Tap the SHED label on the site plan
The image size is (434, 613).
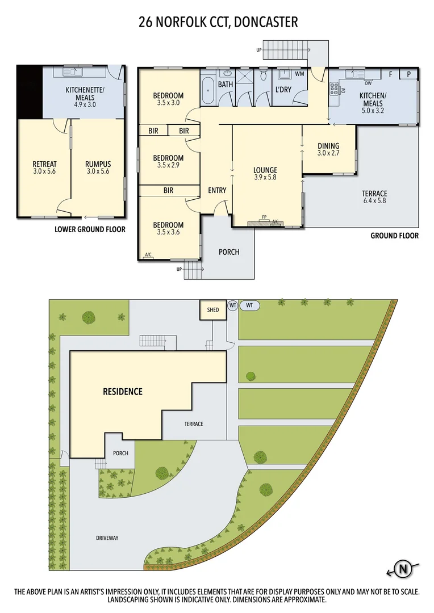[213, 310]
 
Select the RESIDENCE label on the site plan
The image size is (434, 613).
[122, 392]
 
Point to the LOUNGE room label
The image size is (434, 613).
[265, 170]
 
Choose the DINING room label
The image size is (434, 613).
[328, 146]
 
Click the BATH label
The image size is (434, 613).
[226, 85]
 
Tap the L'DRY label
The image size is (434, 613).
[283, 90]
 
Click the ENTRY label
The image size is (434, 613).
[217, 190]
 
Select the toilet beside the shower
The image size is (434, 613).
[263, 76]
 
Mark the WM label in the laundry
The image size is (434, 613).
[299, 74]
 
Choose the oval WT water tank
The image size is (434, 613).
[250, 305]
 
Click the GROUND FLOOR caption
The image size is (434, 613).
[394, 236]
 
